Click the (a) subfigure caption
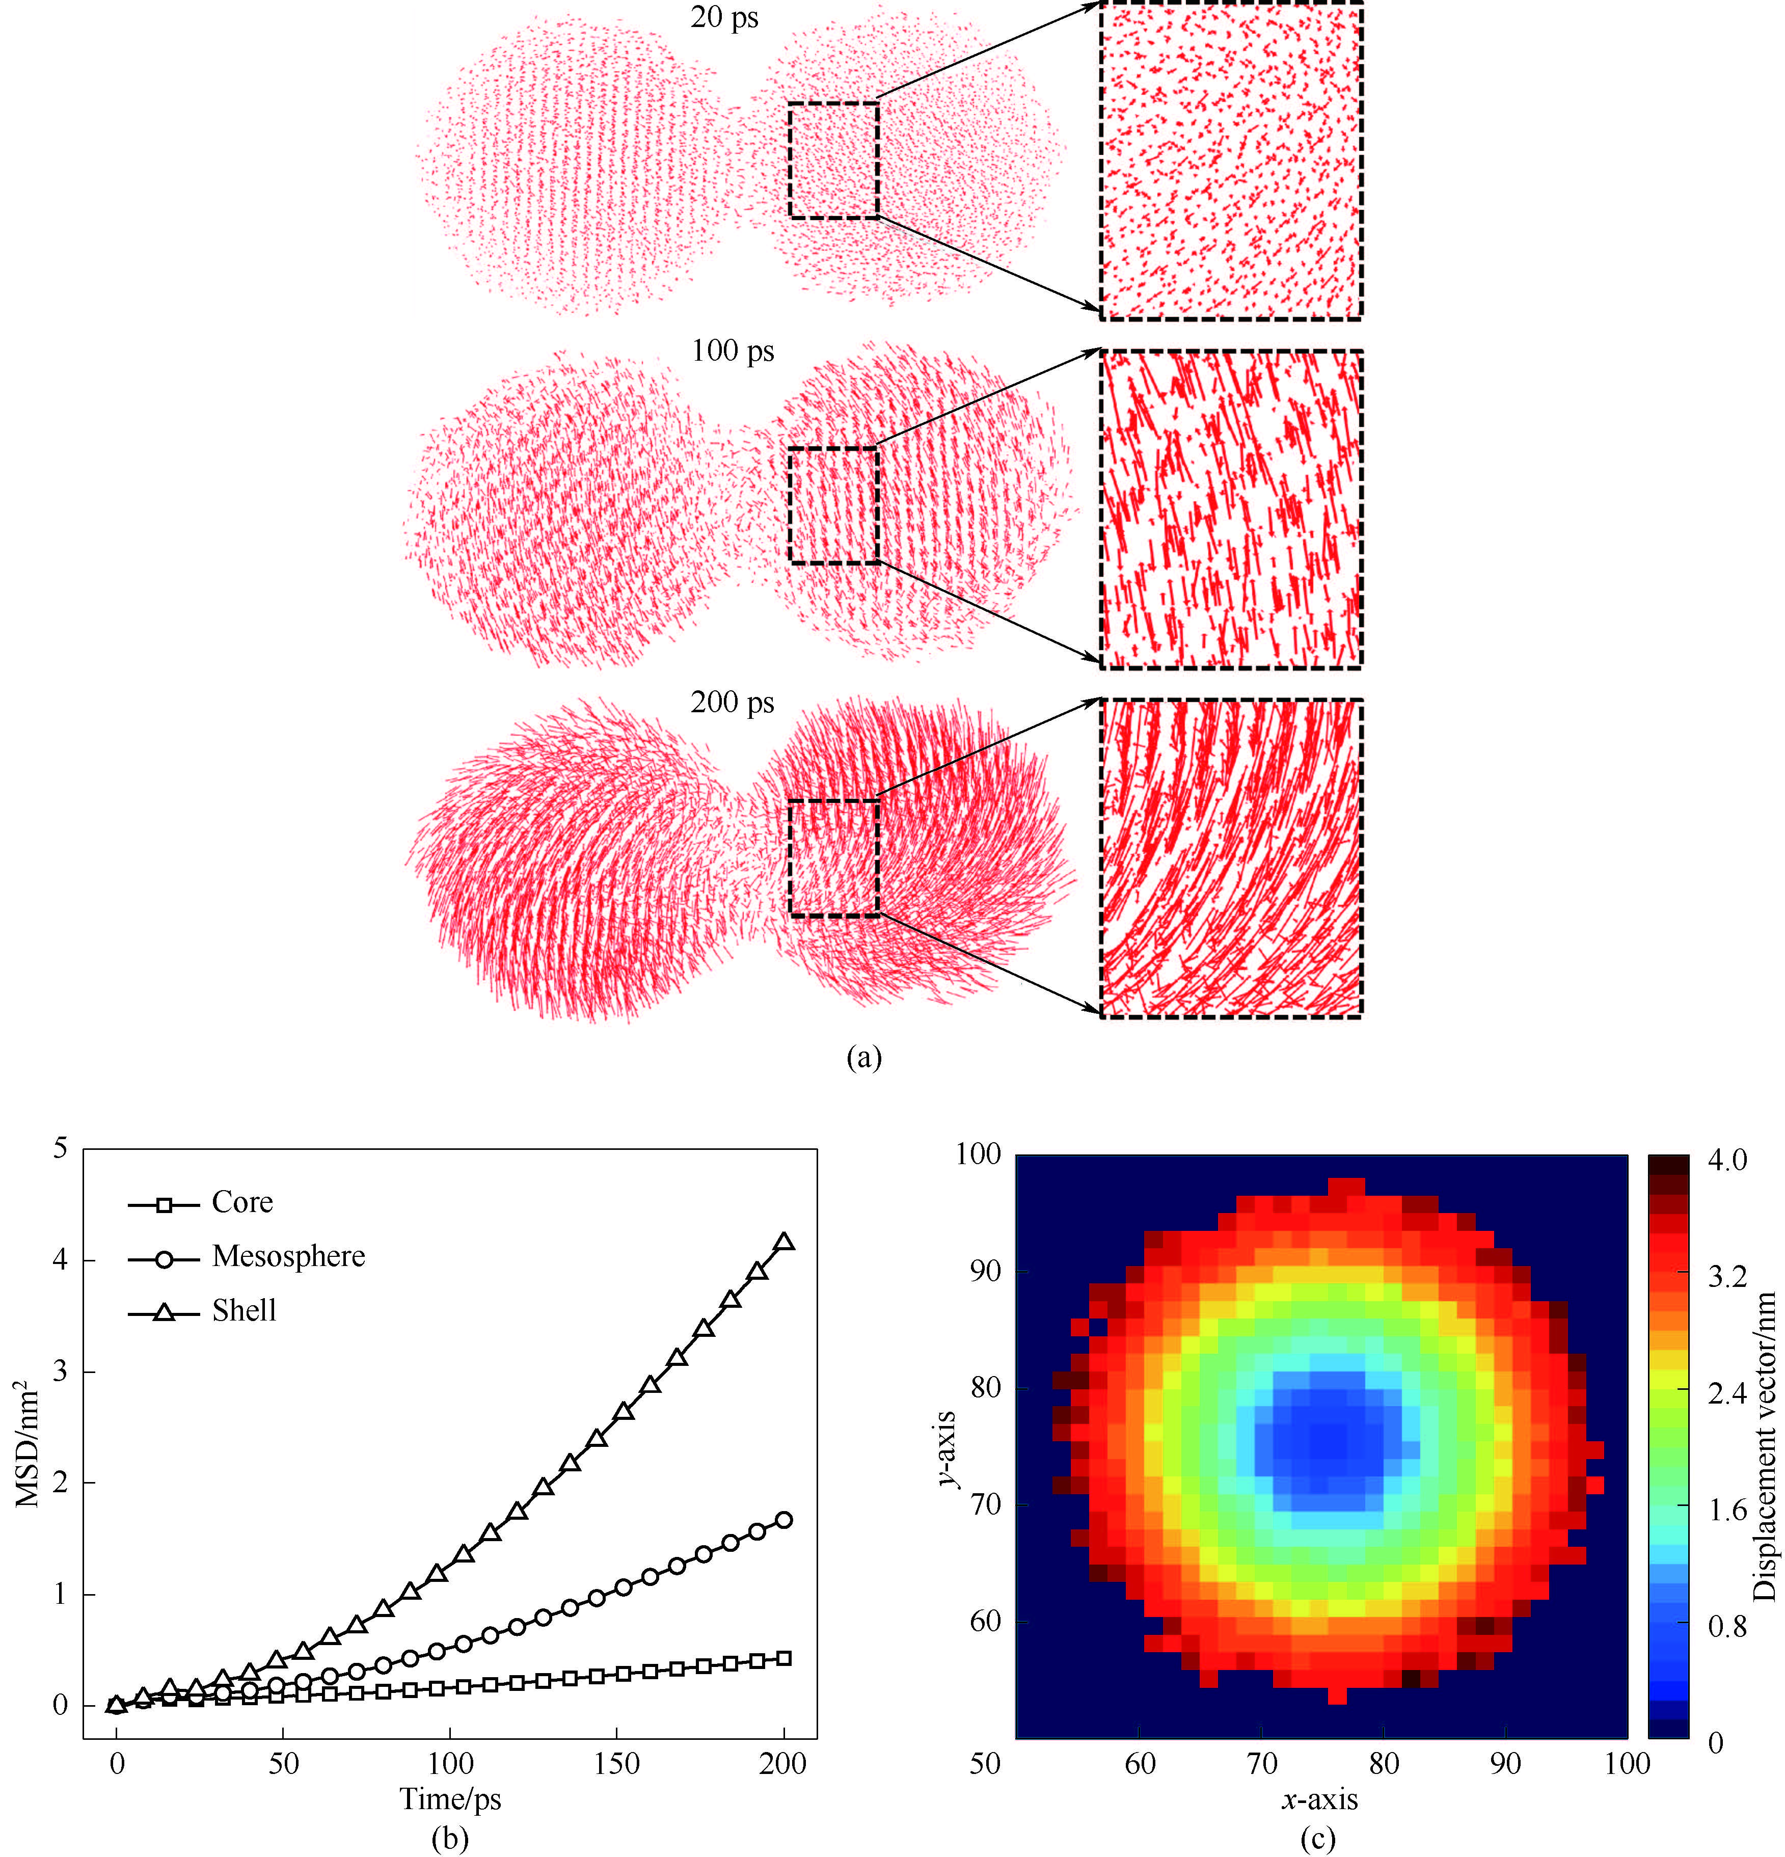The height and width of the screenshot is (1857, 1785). [x=863, y=1057]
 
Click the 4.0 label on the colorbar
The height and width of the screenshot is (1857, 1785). [x=1726, y=1161]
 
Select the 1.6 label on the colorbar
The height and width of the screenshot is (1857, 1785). [x=1726, y=1510]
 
